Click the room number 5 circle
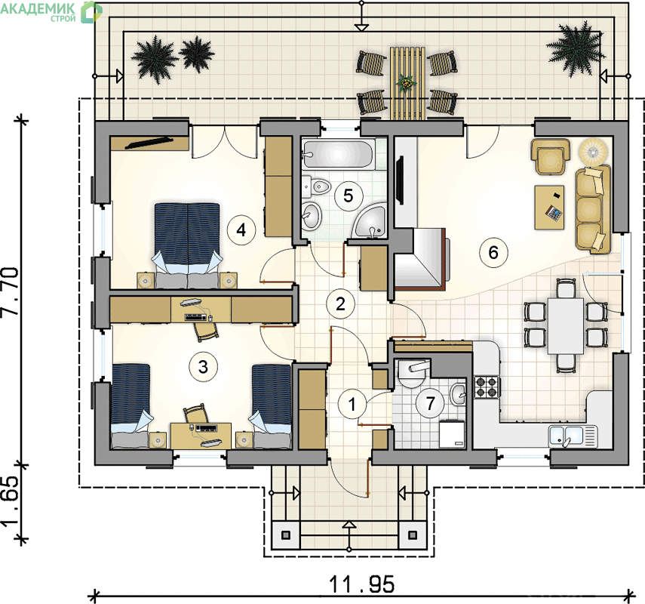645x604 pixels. click(348, 196)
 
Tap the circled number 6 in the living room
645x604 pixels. click(493, 252)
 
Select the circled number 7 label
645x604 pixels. click(430, 403)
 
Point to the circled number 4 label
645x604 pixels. click(241, 230)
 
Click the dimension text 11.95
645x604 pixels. click(362, 584)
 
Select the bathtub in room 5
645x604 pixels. click(338, 155)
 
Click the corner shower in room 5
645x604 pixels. click(370, 221)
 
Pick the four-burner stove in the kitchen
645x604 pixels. click(487, 387)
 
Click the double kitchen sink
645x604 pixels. click(572, 437)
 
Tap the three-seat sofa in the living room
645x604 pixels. click(592, 209)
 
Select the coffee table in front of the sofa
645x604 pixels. click(549, 207)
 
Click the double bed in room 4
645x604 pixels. click(187, 245)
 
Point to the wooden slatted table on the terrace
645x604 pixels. click(407, 83)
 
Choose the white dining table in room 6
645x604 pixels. click(566, 326)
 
